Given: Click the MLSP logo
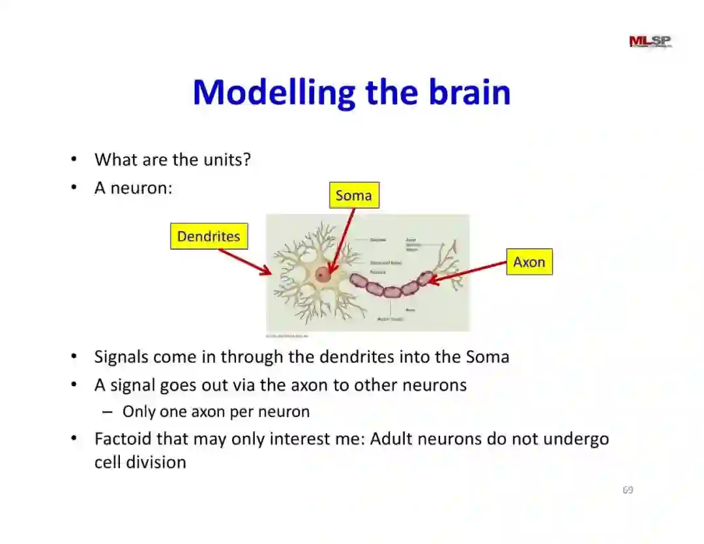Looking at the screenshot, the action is [x=650, y=42].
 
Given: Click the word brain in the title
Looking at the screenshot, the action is [x=469, y=92].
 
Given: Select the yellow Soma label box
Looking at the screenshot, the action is [x=353, y=195].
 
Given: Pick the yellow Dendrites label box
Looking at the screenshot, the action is [x=209, y=236].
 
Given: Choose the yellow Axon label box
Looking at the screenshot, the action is [x=529, y=262].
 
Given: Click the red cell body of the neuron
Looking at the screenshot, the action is [x=323, y=275].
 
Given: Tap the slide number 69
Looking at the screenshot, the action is [x=628, y=490].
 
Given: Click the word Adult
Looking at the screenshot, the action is [x=391, y=438].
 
